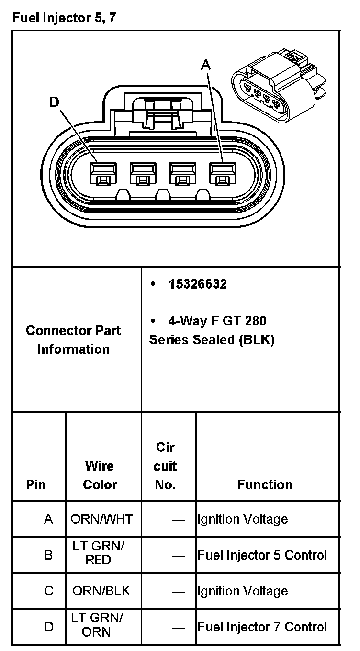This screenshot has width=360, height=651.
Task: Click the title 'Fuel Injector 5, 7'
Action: pos(64,19)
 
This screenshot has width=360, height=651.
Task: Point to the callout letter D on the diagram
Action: pos(55,102)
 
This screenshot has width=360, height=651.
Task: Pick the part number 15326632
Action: pos(198,284)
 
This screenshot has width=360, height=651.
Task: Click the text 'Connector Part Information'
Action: pos(73,339)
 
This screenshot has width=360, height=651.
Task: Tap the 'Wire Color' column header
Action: pos(100,475)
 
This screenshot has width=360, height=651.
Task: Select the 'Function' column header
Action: pos(265,484)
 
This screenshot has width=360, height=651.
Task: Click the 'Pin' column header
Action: pos(36,484)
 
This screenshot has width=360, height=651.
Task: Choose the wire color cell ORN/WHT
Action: pos(102,519)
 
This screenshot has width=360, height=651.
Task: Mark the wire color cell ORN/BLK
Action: pos(101,591)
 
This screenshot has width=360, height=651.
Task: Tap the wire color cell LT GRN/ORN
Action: pos(97,625)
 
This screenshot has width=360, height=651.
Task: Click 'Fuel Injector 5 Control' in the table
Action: pos(262,555)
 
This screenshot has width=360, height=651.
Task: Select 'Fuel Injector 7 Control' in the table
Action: pos(262,627)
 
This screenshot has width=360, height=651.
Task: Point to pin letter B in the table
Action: pos(48,555)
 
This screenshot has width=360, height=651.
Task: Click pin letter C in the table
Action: pos(49,591)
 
